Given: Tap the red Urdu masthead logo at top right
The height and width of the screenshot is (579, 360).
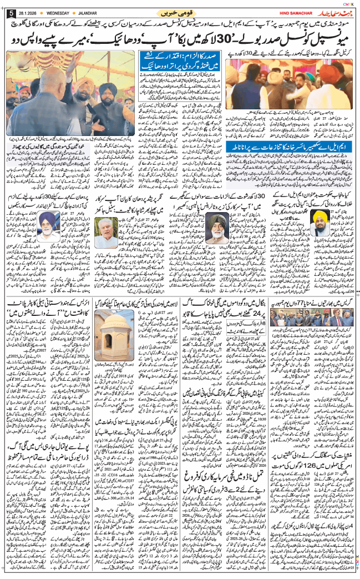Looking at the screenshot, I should coord(332,12).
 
